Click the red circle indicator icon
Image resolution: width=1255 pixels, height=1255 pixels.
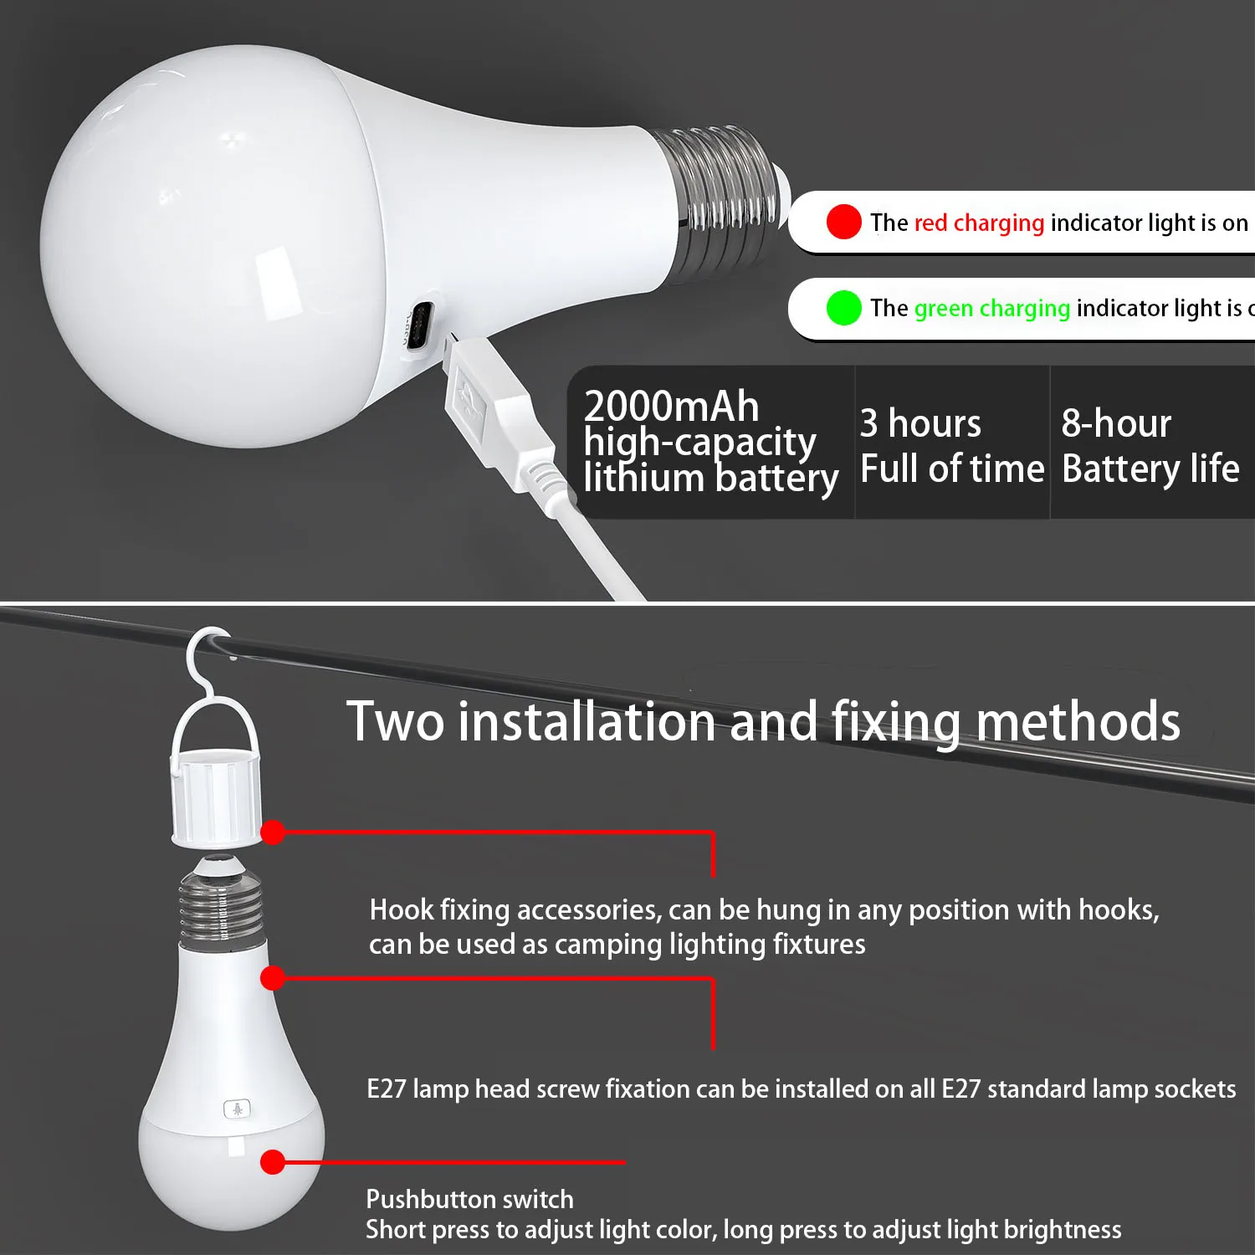843,222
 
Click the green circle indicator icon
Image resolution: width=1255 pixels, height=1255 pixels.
843,308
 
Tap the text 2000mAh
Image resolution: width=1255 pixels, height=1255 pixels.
671,407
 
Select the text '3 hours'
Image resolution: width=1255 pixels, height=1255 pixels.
920,423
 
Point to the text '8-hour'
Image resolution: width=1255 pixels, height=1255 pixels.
1116,423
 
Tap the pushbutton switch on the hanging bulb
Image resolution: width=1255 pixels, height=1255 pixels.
237,1109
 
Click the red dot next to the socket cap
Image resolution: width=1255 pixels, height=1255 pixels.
273,832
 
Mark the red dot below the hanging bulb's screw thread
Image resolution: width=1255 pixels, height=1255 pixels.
273,977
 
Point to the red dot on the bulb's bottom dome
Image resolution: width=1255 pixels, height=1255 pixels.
273,1162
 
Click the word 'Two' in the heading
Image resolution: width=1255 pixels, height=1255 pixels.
395,721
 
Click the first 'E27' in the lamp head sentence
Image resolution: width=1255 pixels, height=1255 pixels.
387,1089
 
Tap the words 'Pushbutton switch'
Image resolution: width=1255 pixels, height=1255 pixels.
469,1199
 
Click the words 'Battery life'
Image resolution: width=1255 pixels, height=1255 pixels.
1150,469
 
